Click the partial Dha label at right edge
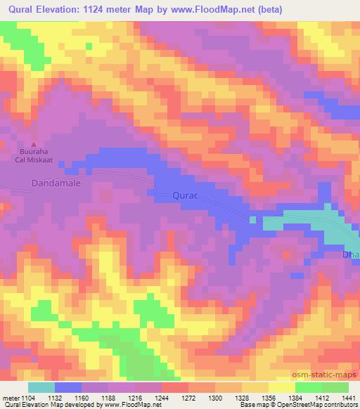[351, 255]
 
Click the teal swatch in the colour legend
[41, 387]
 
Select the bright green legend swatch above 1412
[309, 387]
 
